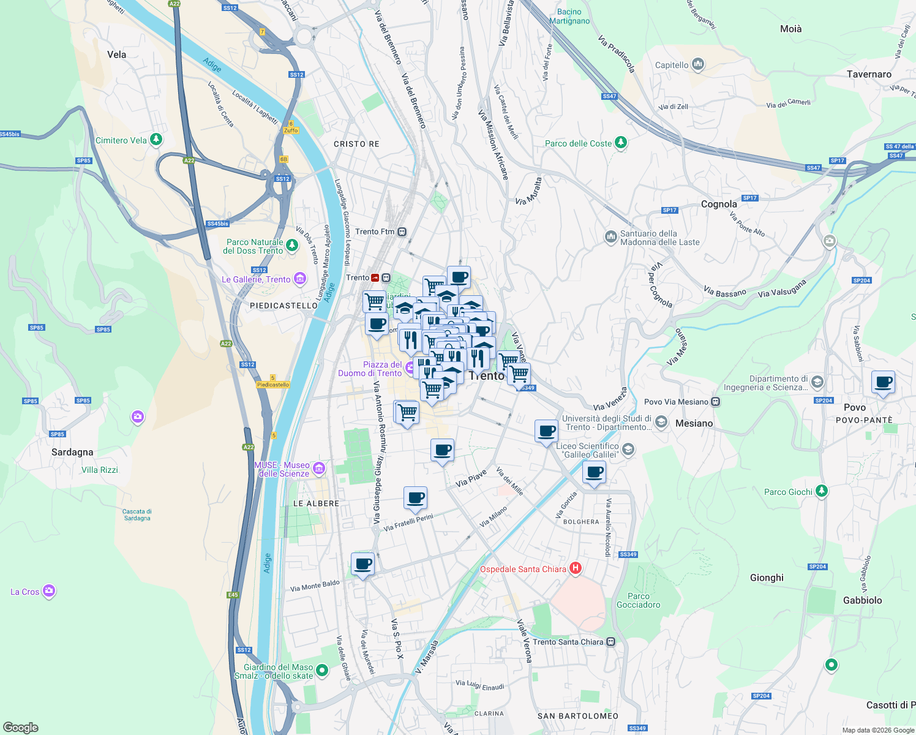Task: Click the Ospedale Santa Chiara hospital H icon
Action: [x=575, y=568]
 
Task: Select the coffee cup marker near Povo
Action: [x=883, y=383]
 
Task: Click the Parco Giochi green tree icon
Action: [x=822, y=491]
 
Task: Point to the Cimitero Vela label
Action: [x=121, y=140]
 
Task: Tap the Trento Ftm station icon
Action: [x=402, y=232]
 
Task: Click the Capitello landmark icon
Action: [x=697, y=64]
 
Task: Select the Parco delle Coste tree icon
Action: [x=621, y=143]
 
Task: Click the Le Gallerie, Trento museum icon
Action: [x=299, y=279]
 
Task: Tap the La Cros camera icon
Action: [x=49, y=591]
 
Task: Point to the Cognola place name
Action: [x=719, y=204]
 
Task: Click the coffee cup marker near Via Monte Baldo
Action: [x=362, y=564]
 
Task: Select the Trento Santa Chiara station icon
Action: [x=610, y=642]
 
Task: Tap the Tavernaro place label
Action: [x=869, y=74]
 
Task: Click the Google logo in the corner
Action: [x=20, y=727]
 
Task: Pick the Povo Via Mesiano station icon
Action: [x=715, y=402]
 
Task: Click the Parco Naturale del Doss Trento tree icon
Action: [x=292, y=246]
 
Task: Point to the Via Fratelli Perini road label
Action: [x=408, y=522]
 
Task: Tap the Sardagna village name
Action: [x=72, y=452]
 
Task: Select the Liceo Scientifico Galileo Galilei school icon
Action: [x=628, y=450]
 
